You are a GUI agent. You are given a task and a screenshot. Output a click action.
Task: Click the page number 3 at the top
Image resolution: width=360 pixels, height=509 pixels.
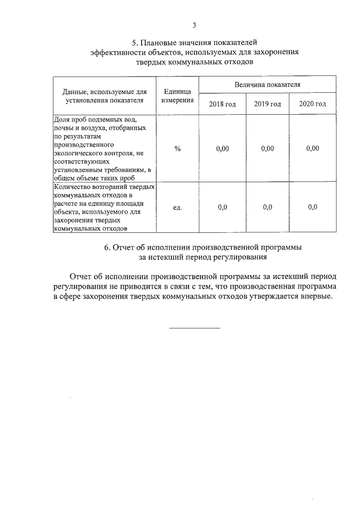click(x=194, y=25)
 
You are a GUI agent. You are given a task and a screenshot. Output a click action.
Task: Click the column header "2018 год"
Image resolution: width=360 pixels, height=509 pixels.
click(x=222, y=104)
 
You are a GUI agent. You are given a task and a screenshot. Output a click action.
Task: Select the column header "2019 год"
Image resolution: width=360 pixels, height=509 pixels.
click(x=267, y=104)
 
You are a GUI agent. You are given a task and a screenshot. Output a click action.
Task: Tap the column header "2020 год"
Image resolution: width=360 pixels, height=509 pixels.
click(x=313, y=104)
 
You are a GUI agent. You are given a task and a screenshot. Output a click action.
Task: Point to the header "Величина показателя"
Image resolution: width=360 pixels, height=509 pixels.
click(x=268, y=84)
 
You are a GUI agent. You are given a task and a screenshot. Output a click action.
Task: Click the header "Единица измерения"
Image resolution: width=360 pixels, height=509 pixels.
click(x=178, y=96)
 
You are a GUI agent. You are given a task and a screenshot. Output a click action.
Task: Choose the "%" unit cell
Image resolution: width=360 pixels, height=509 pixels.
click(x=178, y=148)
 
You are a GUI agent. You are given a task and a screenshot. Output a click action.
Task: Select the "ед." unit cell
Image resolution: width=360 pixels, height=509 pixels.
click(x=178, y=207)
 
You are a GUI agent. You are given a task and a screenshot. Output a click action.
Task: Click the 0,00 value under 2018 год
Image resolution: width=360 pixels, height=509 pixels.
click(x=222, y=148)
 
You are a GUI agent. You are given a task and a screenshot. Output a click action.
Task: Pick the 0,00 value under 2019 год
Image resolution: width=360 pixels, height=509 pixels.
click(x=267, y=148)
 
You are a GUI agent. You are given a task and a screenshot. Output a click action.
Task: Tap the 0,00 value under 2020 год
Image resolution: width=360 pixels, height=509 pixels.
click(x=313, y=148)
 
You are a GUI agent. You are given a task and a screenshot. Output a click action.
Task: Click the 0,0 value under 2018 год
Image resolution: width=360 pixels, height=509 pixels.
click(x=222, y=207)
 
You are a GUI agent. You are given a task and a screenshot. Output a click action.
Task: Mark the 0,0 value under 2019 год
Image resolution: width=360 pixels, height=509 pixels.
click(x=267, y=207)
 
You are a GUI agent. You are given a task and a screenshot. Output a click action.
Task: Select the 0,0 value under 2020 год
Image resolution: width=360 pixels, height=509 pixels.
click(x=313, y=207)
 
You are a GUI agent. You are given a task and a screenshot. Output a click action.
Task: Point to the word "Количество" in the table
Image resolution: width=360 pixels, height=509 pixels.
click(x=71, y=186)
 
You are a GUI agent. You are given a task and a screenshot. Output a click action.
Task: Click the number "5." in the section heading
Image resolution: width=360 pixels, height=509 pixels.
click(x=135, y=42)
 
